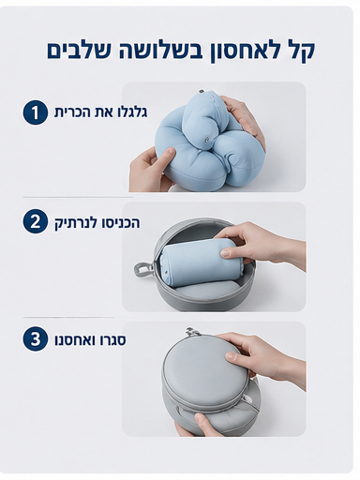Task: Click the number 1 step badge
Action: (36, 112)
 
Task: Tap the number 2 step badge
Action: (36, 222)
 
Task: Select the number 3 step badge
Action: (36, 338)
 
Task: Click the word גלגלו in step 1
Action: (131, 112)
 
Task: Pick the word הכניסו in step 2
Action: (121, 223)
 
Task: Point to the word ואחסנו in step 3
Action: (74, 340)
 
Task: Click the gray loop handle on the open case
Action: (143, 269)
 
